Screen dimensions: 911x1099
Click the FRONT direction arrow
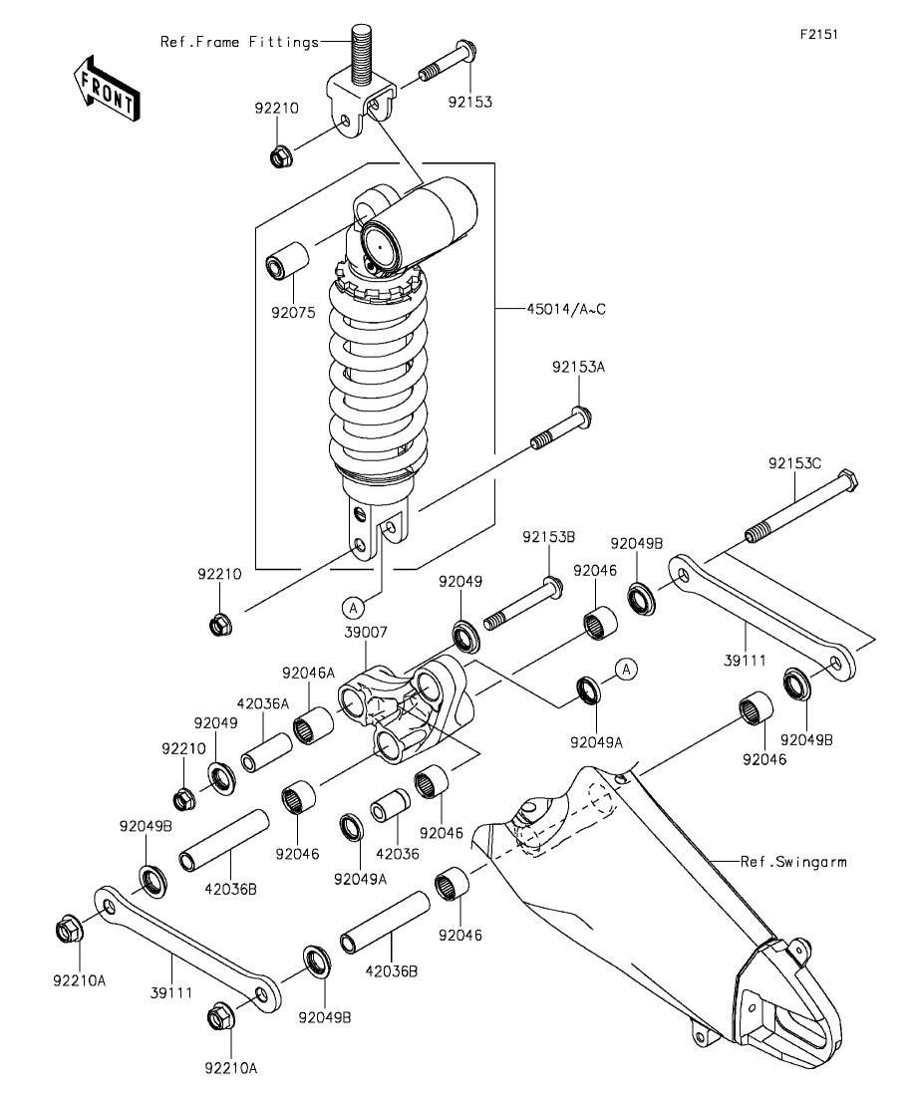pyautogui.click(x=107, y=88)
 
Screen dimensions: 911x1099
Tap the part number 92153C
pyautogui.click(x=794, y=463)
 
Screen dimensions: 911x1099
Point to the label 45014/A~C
pyautogui.click(x=567, y=309)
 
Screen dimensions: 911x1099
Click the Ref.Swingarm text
pyautogui.click(x=793, y=862)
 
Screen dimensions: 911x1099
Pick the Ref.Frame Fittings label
pyautogui.click(x=240, y=42)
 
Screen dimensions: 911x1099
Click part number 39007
pyautogui.click(x=366, y=633)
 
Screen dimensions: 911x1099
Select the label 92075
pyautogui.click(x=294, y=313)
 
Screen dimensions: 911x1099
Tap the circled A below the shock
pyautogui.click(x=354, y=606)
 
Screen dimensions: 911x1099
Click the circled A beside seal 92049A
pyautogui.click(x=626, y=669)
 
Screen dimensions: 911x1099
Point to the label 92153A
pyautogui.click(x=578, y=367)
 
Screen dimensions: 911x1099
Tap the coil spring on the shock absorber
pyautogui.click(x=378, y=379)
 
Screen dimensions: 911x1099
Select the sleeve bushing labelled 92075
pyautogui.click(x=288, y=260)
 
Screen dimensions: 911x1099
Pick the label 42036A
pyautogui.click(x=263, y=703)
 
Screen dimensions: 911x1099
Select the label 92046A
pyautogui.click(x=309, y=673)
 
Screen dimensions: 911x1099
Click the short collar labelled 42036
pyautogui.click(x=390, y=805)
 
